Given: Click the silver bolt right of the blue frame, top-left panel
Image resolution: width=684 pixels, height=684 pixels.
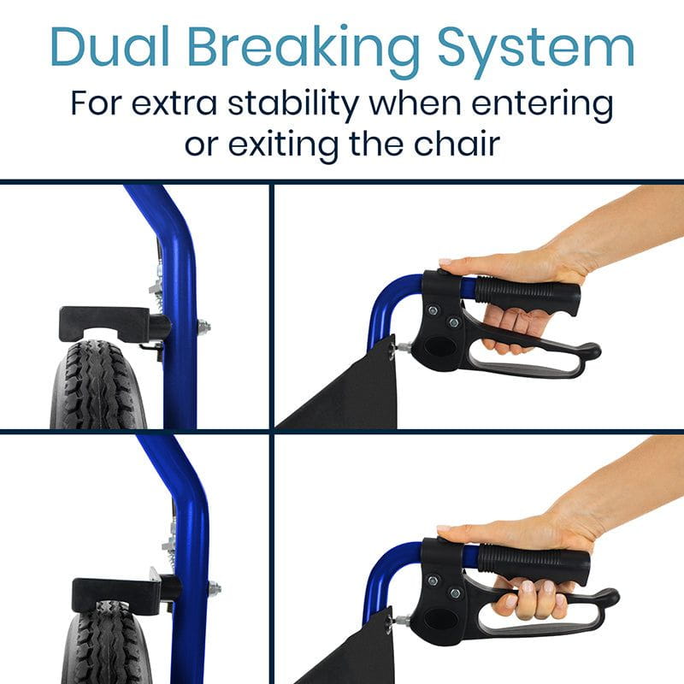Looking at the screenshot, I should [x=204, y=325].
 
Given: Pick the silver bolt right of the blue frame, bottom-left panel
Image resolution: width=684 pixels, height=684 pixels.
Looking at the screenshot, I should [x=213, y=588].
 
